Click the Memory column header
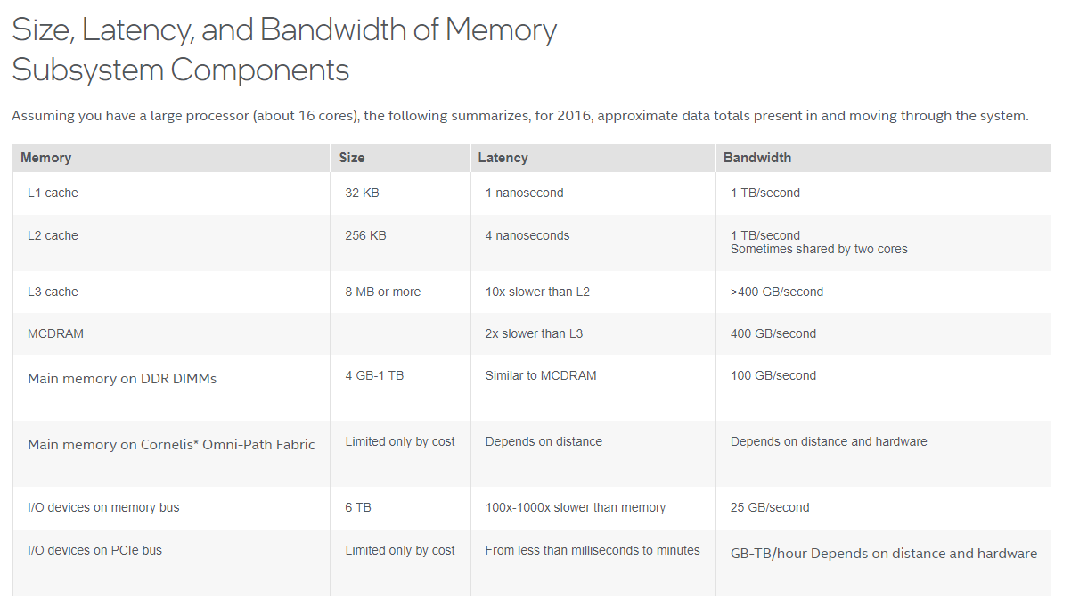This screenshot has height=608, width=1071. coord(45,158)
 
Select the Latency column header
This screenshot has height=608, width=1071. coord(503,158)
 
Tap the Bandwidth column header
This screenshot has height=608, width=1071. coord(756,158)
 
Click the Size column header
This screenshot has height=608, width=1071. coord(351,158)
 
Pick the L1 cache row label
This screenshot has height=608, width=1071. coord(53,193)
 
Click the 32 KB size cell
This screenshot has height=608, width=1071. coord(362,193)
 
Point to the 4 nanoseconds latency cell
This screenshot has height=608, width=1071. coord(527,235)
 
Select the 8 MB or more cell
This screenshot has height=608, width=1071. coord(382,292)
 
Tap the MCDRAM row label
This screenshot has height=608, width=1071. coord(55,333)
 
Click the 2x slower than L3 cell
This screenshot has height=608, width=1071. coord(534,333)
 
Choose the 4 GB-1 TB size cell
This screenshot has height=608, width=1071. coord(374,375)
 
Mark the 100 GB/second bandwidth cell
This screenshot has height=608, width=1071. coord(773,375)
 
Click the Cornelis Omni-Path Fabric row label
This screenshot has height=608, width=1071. coord(171,445)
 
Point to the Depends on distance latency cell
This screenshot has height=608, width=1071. coord(543,441)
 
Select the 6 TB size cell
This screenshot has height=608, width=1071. coord(358,507)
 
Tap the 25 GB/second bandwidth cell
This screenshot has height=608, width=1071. coord(769,507)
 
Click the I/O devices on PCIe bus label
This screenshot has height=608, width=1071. coord(94,550)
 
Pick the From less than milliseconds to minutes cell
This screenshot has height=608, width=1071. coord(592,550)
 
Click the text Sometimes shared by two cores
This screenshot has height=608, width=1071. coord(818,250)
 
